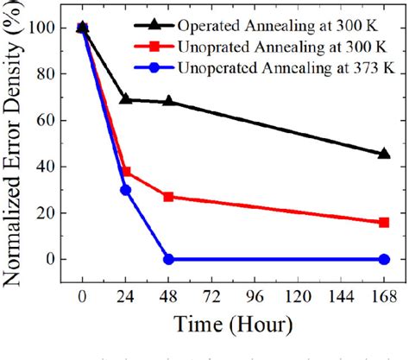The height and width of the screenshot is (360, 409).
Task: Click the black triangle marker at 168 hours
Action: (384, 154)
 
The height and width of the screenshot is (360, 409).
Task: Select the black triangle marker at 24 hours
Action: (126, 99)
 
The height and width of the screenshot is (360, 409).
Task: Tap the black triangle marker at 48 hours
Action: (169, 101)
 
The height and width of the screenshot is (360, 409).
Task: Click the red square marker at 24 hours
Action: (126, 171)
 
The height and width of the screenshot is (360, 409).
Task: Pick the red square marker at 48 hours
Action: (169, 197)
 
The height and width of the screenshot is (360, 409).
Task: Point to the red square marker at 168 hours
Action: (384, 222)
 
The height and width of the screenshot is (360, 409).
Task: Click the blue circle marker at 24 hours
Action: (126, 190)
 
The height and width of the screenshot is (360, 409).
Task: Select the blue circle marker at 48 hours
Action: (169, 259)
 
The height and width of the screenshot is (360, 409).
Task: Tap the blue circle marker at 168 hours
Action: (384, 259)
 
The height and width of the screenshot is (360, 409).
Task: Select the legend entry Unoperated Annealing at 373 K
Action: (293, 63)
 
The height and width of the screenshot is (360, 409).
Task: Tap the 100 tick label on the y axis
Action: (52, 28)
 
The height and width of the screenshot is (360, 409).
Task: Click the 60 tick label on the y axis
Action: (56, 120)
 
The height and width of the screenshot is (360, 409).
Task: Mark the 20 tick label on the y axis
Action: (56, 212)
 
